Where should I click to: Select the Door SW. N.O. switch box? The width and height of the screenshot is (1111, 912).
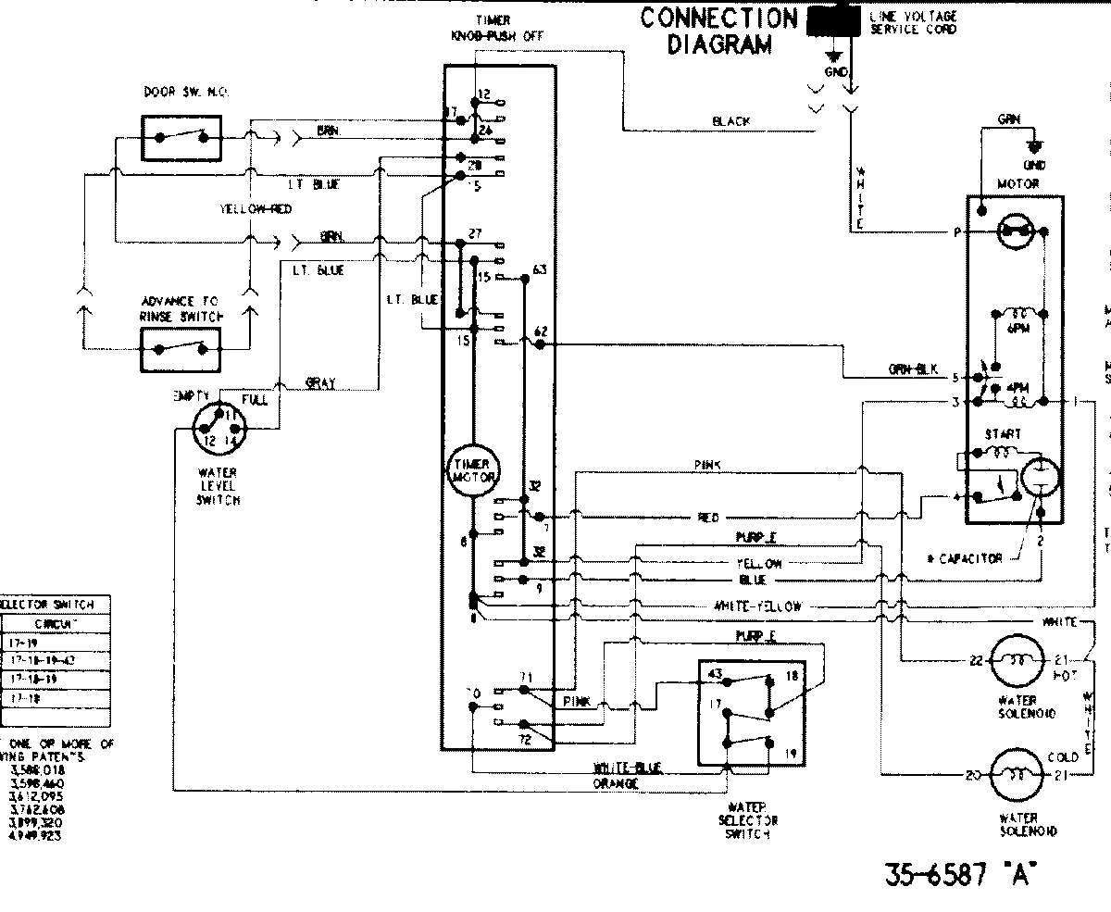tap(181, 137)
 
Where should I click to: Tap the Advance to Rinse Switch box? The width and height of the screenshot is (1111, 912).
tap(181, 349)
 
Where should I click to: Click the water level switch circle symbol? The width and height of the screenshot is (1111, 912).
tap(218, 431)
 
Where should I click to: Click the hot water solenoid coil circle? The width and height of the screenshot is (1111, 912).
tap(1016, 660)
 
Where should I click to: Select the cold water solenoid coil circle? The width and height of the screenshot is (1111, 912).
tap(1016, 776)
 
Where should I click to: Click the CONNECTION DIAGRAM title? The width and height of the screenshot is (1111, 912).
tap(718, 31)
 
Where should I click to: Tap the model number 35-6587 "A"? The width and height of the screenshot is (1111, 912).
tap(957, 875)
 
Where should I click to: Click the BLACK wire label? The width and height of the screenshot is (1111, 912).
tap(731, 121)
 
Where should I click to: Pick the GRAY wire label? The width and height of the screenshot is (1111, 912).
tap(320, 383)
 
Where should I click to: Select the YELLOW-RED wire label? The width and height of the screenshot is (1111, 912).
tap(256, 209)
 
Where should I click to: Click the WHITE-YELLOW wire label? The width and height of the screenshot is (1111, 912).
tap(756, 606)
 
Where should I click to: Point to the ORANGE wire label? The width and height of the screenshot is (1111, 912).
tap(616, 784)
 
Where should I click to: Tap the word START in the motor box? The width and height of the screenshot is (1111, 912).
tap(1004, 434)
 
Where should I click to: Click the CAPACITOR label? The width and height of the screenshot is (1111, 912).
tap(964, 558)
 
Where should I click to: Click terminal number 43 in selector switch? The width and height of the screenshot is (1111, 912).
tap(716, 674)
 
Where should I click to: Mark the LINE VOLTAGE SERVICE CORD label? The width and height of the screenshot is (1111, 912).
tap(913, 22)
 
